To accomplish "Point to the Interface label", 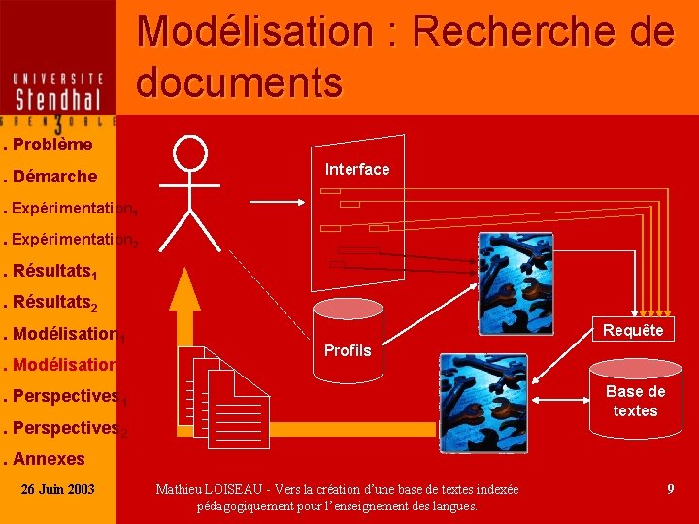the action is pos(357,169).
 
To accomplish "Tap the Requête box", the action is pos(633,330).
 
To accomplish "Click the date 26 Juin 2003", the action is pos(58,488).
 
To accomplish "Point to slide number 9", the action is pos(670,489).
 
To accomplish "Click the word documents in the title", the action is pos(240,83).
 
